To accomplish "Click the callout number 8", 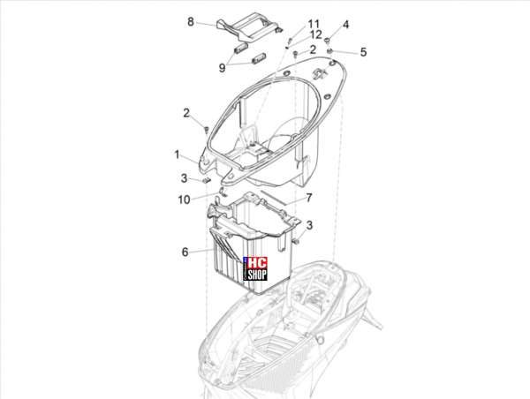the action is coord(191,22).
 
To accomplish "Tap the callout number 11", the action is coord(314,24).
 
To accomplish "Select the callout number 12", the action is coord(316,34).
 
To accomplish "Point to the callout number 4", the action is coord(345,25).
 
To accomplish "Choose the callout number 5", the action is coord(363,52).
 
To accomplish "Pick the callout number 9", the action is coord(222,68).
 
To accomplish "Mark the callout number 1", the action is coord(177,154).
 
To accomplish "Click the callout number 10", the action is coord(185,199).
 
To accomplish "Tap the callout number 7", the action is coord(309,198).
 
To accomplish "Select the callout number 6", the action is coord(185,252).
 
